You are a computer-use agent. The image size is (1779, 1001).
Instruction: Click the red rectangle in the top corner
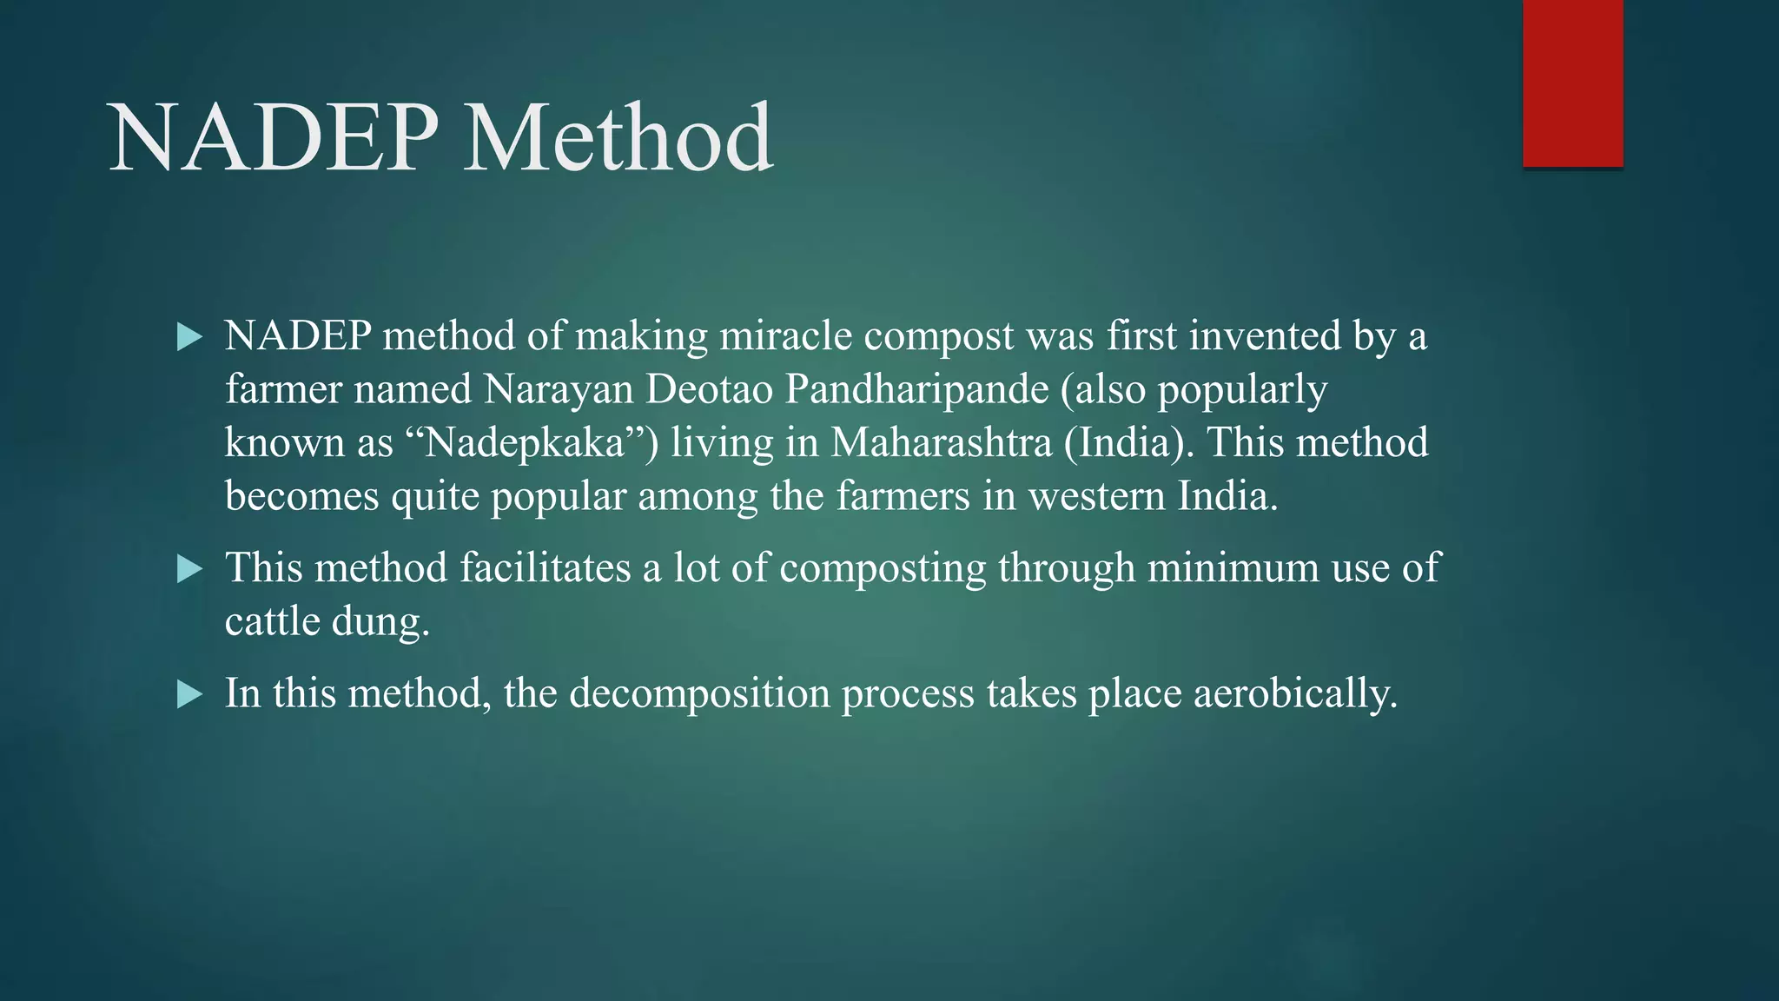(1572, 83)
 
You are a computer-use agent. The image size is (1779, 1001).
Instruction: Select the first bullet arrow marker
(188, 336)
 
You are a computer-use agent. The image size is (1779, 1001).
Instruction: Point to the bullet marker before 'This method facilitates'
(188, 569)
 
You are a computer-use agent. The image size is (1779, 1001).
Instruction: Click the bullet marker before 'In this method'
(188, 694)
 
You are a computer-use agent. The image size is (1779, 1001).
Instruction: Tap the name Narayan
(559, 389)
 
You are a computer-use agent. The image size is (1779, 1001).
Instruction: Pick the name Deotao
(709, 389)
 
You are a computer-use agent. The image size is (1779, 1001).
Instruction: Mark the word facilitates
(545, 568)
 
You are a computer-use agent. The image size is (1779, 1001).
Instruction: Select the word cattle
(272, 622)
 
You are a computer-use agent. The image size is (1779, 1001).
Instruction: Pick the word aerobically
(1295, 693)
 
